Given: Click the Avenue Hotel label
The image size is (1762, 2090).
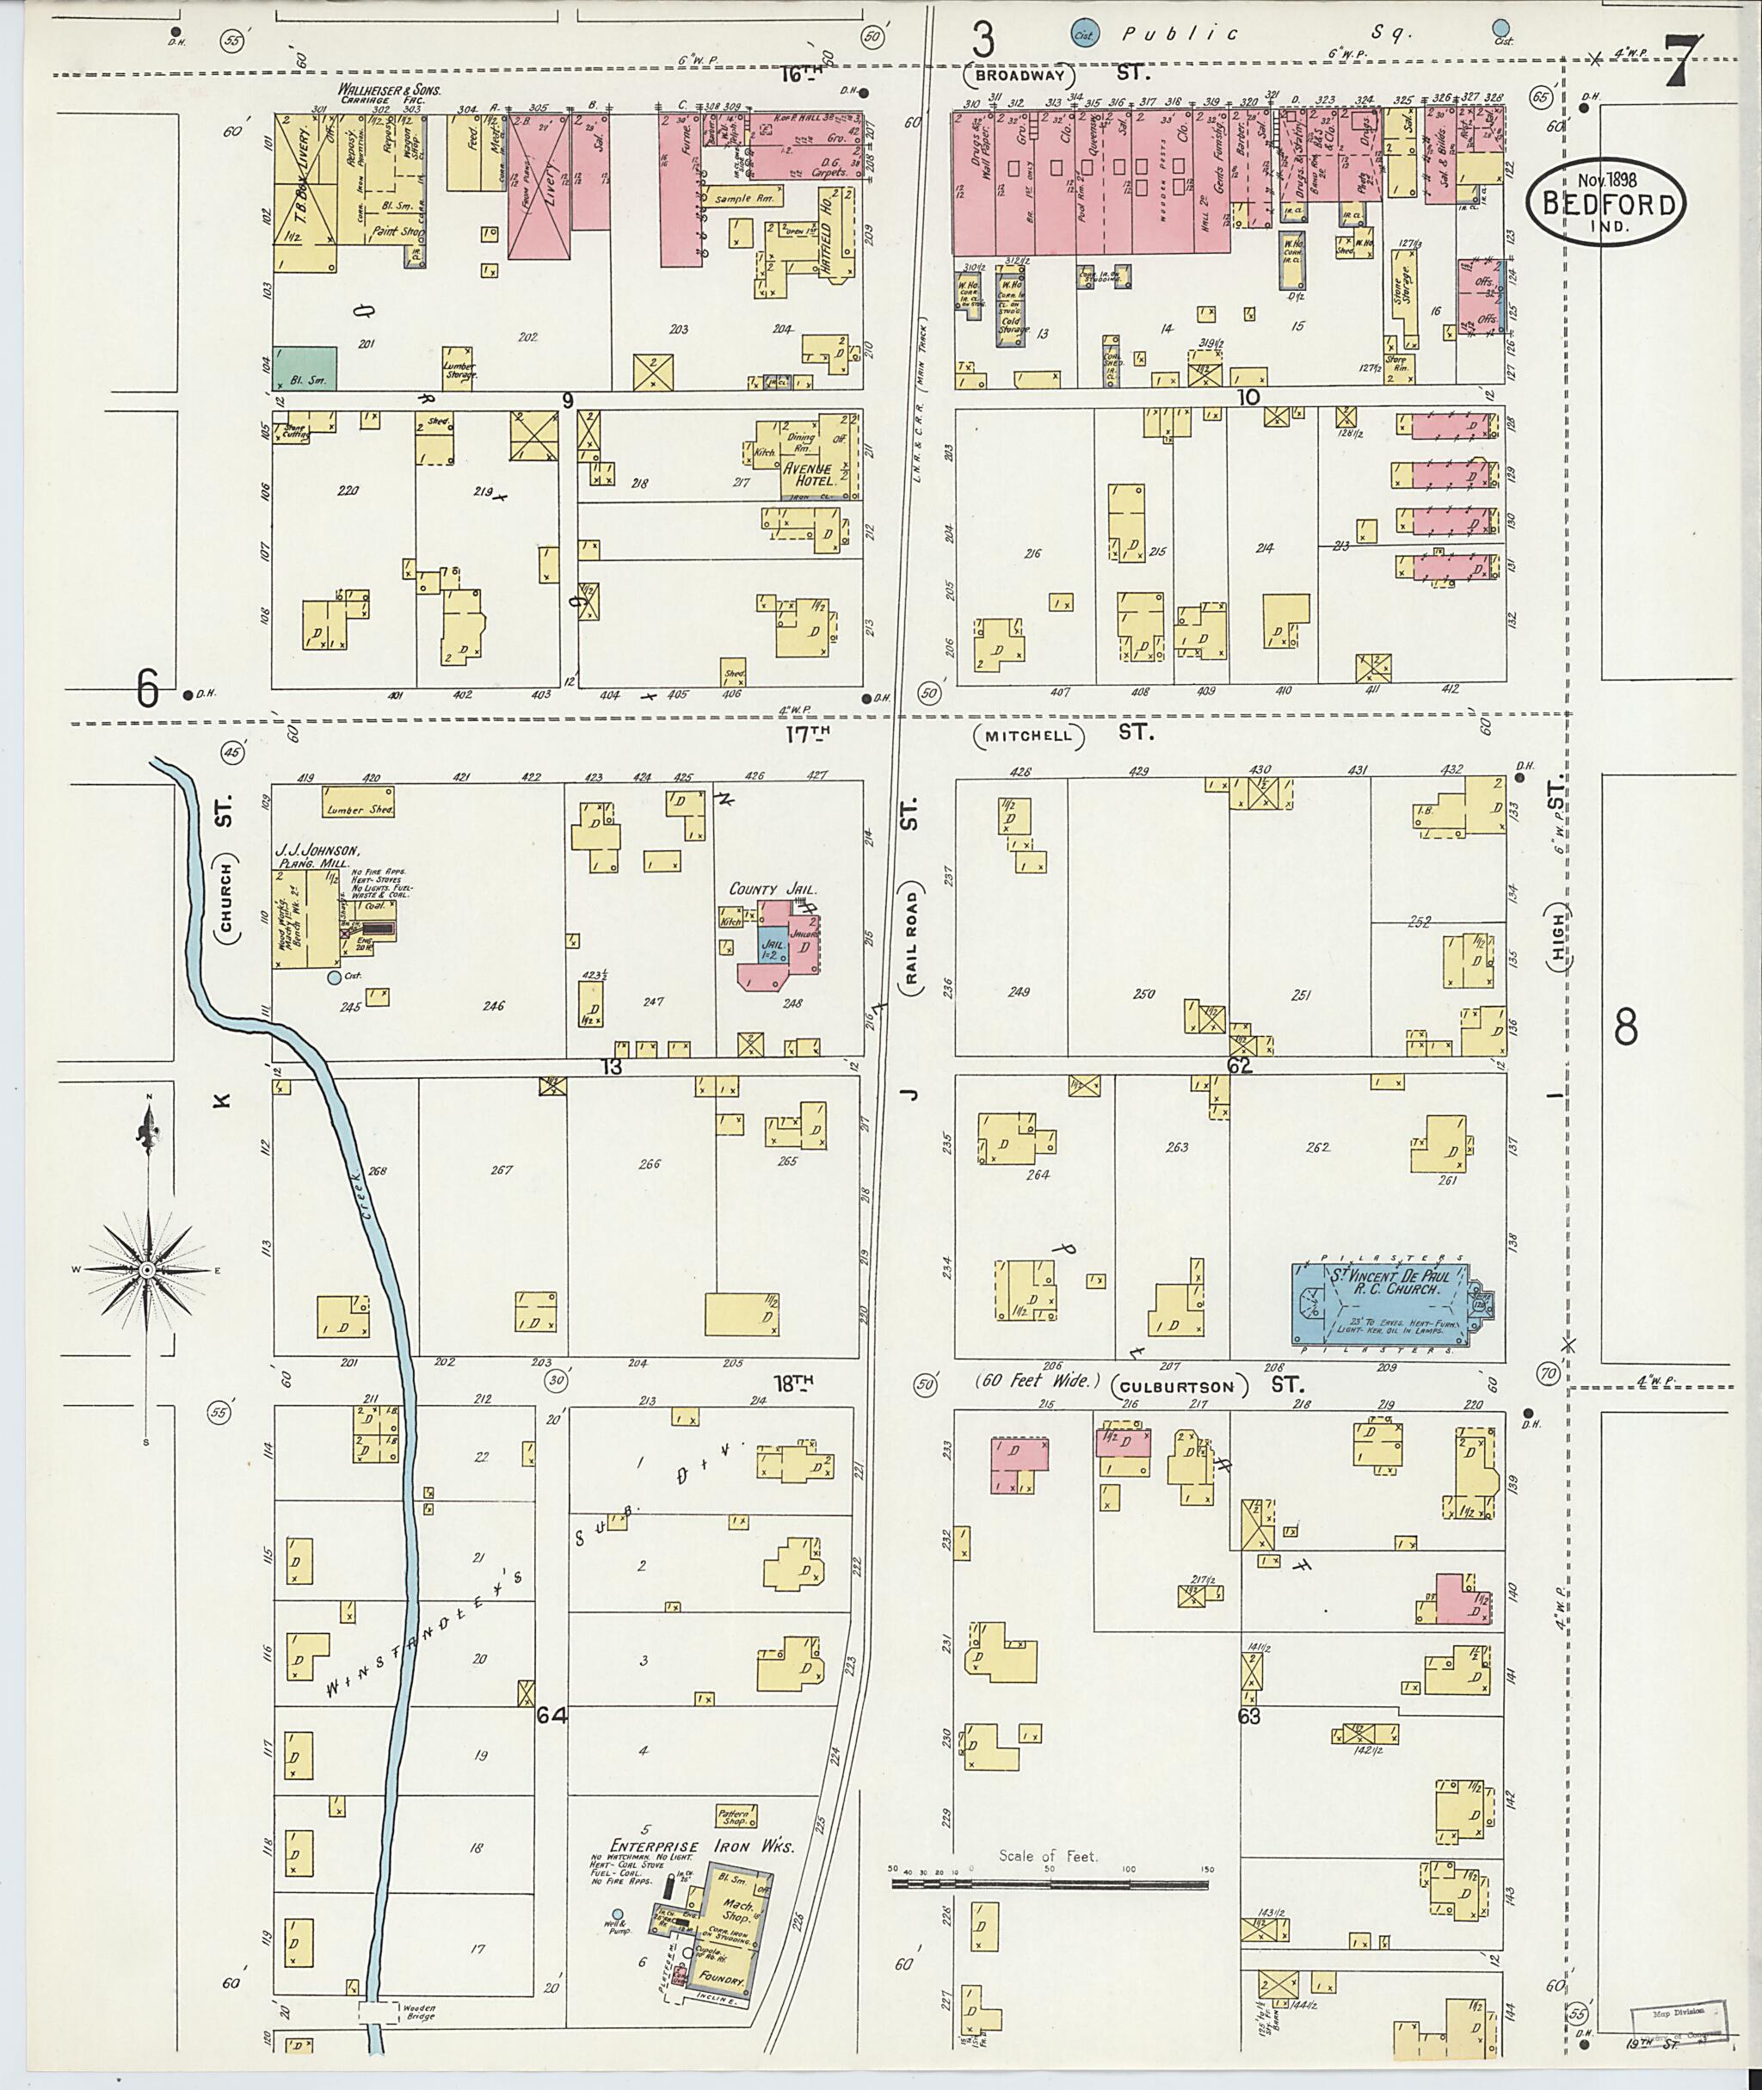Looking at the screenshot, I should pos(807,473).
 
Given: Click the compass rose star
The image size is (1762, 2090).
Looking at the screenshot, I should pos(146,1270).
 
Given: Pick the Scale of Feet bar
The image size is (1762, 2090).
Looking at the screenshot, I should pos(1048,1884).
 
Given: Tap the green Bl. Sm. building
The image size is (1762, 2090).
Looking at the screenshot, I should pos(305,367).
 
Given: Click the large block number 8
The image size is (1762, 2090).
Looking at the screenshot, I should pos(1626,1027).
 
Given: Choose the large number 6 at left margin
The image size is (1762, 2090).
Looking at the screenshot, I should pos(148,688).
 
